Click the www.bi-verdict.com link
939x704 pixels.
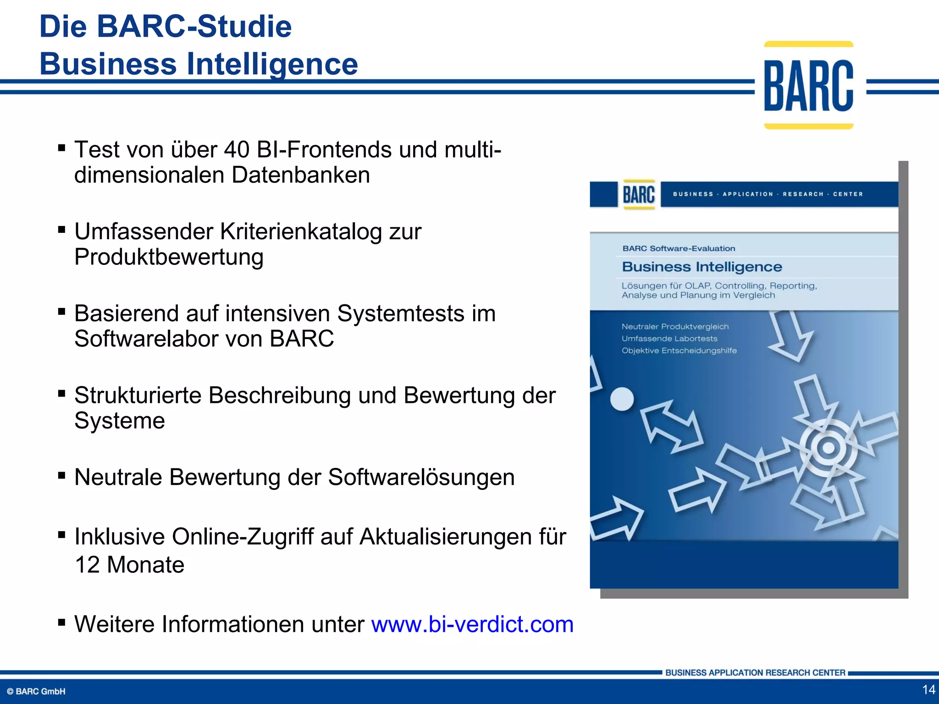pyautogui.click(x=472, y=624)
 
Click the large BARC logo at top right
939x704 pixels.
pyautogui.click(x=808, y=85)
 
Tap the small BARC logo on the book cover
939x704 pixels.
pyautogui.click(x=639, y=194)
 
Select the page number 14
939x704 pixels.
pyautogui.click(x=928, y=689)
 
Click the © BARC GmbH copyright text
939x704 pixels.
pyautogui.click(x=36, y=691)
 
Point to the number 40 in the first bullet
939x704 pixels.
pyautogui.click(x=237, y=150)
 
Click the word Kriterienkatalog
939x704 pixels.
pyautogui.click(x=301, y=231)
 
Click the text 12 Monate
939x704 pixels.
pyautogui.click(x=129, y=565)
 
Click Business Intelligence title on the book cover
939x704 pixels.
pyautogui.click(x=701, y=267)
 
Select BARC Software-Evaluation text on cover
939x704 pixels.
pyautogui.click(x=679, y=248)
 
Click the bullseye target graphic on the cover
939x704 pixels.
pyautogui.click(x=828, y=448)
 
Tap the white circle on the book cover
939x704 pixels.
pyautogui.click(x=622, y=399)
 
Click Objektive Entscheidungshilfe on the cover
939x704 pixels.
pyautogui.click(x=679, y=351)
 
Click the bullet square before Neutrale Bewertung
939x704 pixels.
pyautogui.click(x=62, y=475)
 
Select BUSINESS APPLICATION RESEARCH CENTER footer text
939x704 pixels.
pyautogui.click(x=755, y=672)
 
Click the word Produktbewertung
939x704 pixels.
pyautogui.click(x=169, y=257)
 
